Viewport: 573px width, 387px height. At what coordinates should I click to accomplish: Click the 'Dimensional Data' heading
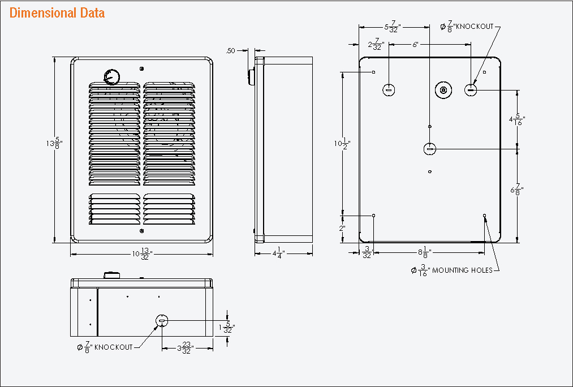point(57,13)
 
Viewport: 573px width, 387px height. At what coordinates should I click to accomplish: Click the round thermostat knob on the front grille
point(111,77)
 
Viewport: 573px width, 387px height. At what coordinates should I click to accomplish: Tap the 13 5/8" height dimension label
point(54,144)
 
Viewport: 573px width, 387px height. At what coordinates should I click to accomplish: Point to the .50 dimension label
point(230,51)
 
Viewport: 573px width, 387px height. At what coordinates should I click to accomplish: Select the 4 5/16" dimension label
point(517,120)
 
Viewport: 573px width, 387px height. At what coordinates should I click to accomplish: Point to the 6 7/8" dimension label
point(517,191)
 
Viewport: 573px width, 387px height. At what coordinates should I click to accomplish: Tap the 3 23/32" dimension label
point(186,349)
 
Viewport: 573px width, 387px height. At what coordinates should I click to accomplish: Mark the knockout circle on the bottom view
point(161,321)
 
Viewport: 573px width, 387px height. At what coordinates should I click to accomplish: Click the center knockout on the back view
point(430,149)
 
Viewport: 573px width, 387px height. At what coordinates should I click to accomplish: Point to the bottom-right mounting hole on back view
point(485,216)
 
